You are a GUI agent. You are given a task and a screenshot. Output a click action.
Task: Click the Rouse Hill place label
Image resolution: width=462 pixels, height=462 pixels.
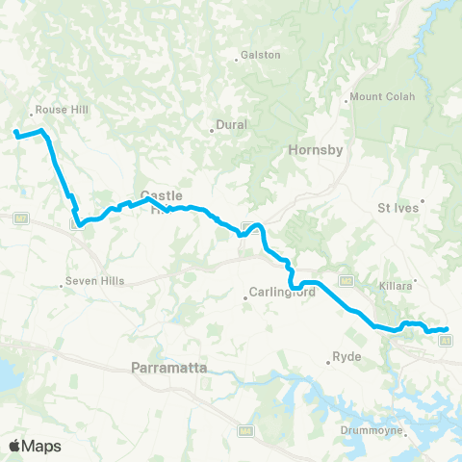coord(61,110)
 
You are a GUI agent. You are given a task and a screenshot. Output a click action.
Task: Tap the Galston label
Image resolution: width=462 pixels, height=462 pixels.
coord(261,55)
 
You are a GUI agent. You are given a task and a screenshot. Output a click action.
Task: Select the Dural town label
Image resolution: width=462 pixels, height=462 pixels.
coord(232,125)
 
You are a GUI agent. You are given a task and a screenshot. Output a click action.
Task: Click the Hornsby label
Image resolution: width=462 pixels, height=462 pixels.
coord(310,150)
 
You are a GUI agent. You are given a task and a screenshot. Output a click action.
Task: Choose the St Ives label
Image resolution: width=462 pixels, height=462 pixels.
coord(396,206)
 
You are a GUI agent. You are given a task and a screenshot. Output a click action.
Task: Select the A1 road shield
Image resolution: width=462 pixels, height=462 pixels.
coord(448,339)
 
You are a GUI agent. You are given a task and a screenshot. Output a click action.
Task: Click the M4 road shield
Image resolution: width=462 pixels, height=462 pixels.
coord(246,430)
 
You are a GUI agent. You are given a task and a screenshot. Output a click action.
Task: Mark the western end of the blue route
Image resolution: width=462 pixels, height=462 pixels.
coord(16,132)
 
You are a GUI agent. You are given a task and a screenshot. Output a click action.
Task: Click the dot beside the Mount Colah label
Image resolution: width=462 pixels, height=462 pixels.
coord(346,98)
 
